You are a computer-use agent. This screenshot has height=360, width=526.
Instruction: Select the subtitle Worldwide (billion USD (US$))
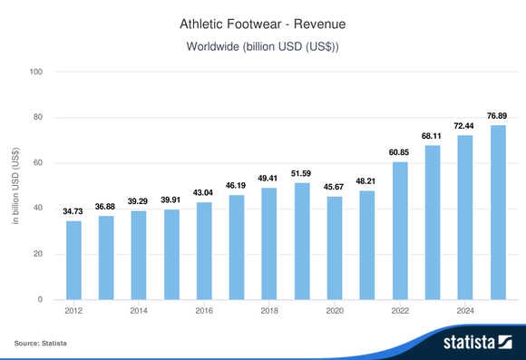click(262, 45)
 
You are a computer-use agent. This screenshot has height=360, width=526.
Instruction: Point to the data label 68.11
click(433, 136)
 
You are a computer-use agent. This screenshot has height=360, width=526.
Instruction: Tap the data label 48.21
click(367, 181)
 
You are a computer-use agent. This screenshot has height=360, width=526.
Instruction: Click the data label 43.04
click(204, 193)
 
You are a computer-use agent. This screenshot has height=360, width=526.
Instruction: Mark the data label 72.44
click(465, 126)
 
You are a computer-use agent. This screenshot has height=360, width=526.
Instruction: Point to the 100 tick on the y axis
click(37, 72)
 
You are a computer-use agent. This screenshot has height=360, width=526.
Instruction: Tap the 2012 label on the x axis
click(73, 311)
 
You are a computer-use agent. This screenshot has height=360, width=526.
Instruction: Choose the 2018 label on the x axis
click(269, 311)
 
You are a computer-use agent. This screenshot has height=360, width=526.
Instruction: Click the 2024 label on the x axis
click(465, 311)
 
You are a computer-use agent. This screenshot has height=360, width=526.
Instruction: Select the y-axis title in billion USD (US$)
click(15, 186)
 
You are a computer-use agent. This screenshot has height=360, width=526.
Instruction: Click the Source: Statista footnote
click(41, 344)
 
